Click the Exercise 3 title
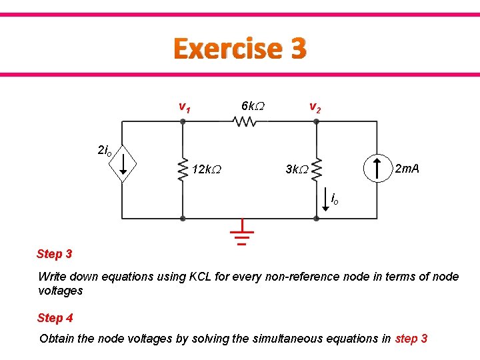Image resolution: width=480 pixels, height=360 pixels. click(x=240, y=49)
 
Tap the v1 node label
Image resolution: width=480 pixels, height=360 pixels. click(x=185, y=106)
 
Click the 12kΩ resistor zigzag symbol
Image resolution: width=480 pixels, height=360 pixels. click(x=183, y=170)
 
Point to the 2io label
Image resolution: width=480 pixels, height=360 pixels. click(x=105, y=151)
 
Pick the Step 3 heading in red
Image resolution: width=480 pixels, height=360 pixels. click(x=55, y=253)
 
